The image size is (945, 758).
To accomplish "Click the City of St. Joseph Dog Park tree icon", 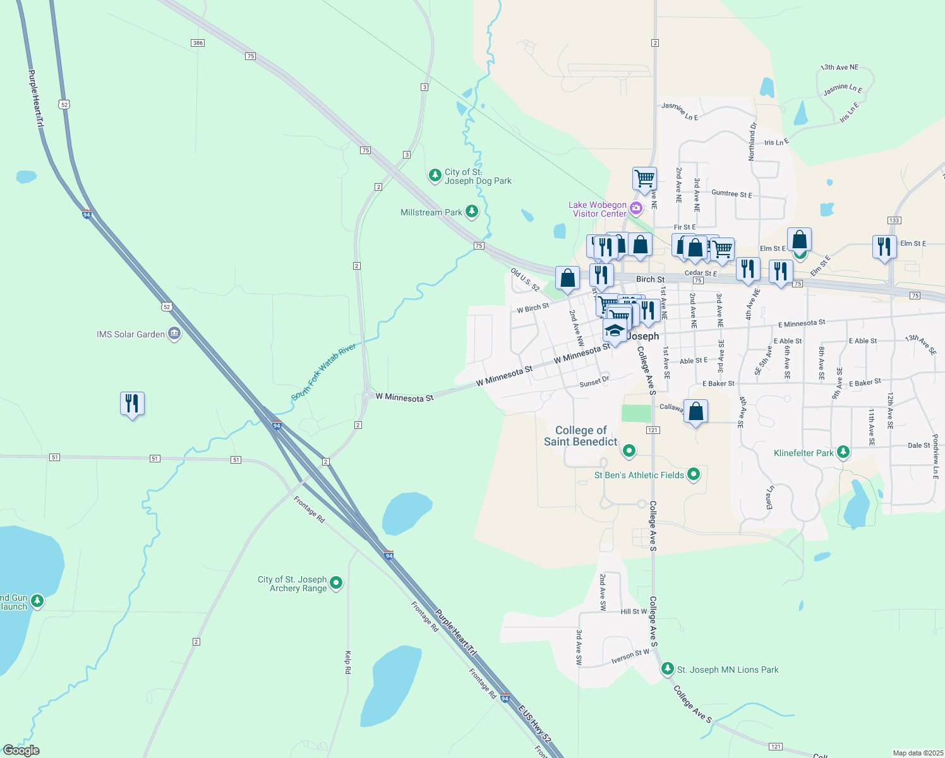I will coord(435,176).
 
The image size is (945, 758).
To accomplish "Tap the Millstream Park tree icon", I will coord(472,212).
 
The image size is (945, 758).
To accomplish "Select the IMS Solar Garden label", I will coord(131,334).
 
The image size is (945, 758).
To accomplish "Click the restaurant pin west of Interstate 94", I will coord(132,404).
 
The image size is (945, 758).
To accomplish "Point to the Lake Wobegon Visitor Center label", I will coord(598,209).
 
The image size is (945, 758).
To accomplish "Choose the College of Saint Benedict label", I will coord(581,436).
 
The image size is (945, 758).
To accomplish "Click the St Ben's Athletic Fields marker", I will coord(694,474).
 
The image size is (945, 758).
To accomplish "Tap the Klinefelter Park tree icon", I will coord(843,452).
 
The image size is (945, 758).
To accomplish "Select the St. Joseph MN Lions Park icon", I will coord(667,669).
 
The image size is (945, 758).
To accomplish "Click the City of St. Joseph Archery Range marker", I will coord(336,582).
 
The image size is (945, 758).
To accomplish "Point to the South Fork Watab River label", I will coord(323,372).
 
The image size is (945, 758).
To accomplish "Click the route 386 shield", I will coord(198,43).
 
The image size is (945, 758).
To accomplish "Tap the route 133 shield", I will coord(894,220).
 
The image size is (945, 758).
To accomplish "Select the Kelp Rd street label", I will coord(347,662).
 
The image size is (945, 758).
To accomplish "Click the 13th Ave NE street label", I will coord(840,67).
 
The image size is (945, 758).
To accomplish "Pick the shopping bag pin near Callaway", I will coord(695,412).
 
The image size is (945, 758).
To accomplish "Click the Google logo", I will coord(21,750).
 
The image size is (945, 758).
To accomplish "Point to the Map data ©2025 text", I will coord(918,753).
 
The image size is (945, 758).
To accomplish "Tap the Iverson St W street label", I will coord(630,657).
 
